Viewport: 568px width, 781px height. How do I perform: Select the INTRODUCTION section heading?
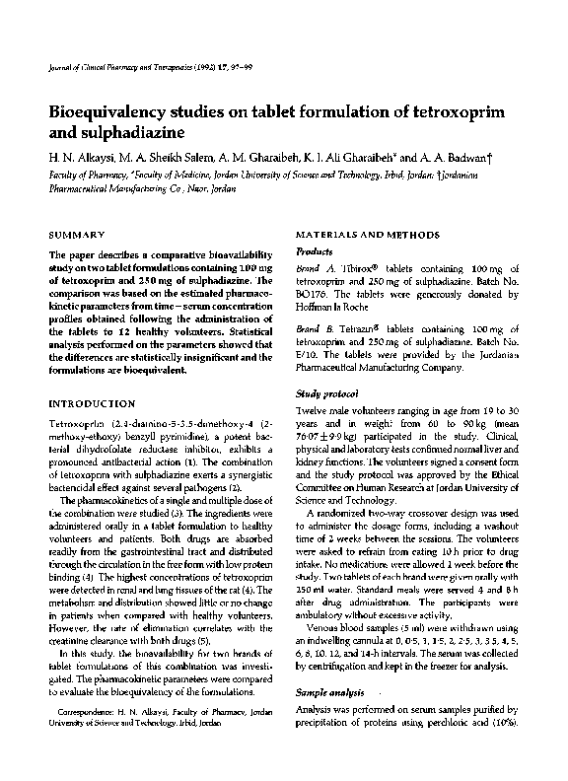tap(92, 403)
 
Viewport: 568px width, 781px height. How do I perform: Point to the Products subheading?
tap(315, 251)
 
